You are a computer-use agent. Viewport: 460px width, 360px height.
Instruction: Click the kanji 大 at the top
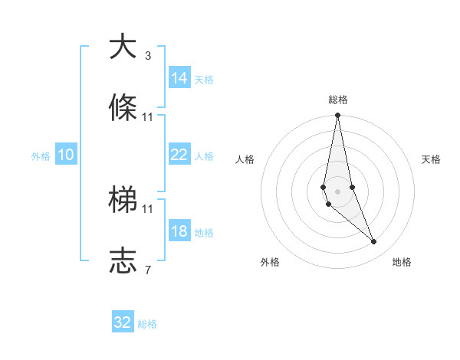click(x=122, y=47)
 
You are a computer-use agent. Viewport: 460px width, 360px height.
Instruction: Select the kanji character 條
click(x=122, y=108)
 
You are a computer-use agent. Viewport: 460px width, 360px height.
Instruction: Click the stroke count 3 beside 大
click(x=148, y=56)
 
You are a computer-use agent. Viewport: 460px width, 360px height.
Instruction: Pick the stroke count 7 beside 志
click(x=148, y=270)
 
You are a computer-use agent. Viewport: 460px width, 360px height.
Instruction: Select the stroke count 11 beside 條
click(x=148, y=117)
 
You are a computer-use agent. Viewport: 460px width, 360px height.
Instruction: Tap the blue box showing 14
click(x=179, y=78)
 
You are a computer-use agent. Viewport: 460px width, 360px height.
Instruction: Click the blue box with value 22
click(x=179, y=155)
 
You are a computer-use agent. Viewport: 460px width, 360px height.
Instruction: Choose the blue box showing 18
click(x=179, y=231)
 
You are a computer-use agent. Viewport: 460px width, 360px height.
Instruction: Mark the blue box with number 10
click(x=65, y=155)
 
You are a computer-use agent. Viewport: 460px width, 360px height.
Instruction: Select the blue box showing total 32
click(x=123, y=322)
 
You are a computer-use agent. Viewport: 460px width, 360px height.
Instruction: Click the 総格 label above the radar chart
click(x=338, y=100)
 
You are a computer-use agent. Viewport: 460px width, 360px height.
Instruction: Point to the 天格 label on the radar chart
click(x=431, y=159)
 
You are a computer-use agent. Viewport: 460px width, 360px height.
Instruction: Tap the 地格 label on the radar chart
click(x=402, y=262)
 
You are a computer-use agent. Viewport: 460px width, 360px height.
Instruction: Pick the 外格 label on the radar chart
click(x=270, y=262)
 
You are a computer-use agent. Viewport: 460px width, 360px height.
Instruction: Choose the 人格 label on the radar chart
click(x=245, y=159)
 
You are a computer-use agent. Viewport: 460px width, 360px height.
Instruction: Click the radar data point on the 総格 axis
click(x=337, y=116)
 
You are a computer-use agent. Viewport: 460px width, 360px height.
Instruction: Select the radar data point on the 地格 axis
click(x=374, y=242)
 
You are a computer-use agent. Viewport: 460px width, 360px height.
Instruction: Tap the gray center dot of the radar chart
click(x=337, y=191)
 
